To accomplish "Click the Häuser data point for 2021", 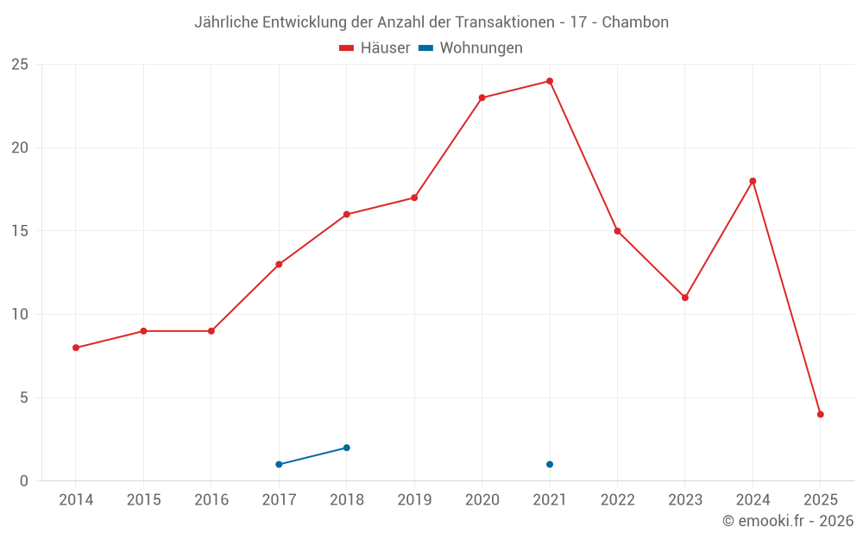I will click(x=550, y=81).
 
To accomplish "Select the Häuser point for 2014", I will click(x=76, y=348).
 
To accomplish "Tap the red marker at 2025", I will click(x=821, y=414).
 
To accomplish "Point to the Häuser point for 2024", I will click(x=753, y=181).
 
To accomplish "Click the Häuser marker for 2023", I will click(x=685, y=298).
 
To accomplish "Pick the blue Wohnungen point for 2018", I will click(x=347, y=448).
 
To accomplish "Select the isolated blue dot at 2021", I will click(x=550, y=464).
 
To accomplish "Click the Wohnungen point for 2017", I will click(x=279, y=464).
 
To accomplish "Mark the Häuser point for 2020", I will click(x=482, y=97).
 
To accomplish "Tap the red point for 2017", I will click(x=279, y=264).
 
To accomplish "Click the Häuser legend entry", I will click(x=375, y=48).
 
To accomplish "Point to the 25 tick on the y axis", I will click(x=19, y=65).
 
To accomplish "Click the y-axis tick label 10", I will click(x=19, y=315).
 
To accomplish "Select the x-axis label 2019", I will click(x=414, y=500).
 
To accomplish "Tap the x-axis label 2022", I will click(x=617, y=500).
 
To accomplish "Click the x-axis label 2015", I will click(x=143, y=500).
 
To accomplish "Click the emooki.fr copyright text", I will click(x=788, y=521).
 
